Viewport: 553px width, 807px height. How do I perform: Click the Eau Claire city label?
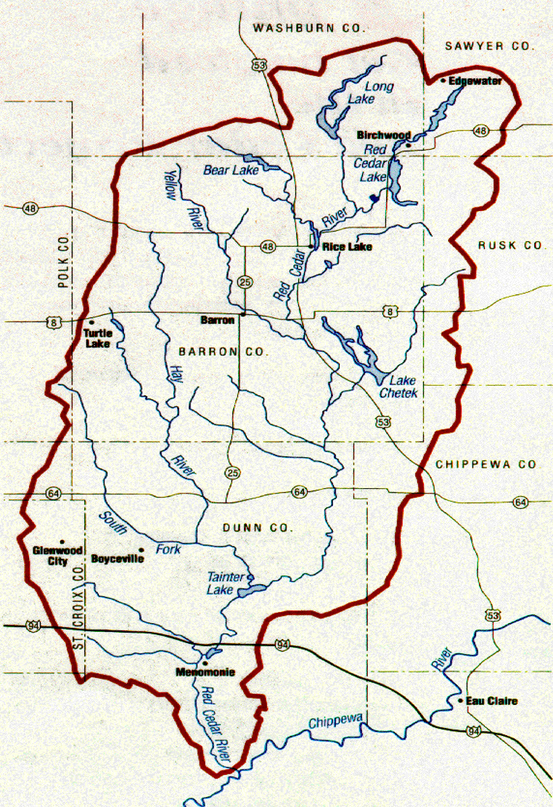[491, 701]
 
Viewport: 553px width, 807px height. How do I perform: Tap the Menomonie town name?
[205, 672]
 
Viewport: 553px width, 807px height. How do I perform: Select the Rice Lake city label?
[347, 247]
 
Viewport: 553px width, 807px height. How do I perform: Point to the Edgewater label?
[475, 81]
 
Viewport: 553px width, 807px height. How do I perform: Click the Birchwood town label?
[383, 135]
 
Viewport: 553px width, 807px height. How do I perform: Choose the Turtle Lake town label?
[98, 339]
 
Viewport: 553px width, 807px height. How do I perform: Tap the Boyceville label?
[117, 559]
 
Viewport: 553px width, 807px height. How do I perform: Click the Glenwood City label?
[57, 556]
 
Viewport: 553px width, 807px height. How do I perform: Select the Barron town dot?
[243, 315]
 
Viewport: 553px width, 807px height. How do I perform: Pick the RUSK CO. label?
[511, 245]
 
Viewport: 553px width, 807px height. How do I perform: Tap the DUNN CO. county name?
[258, 528]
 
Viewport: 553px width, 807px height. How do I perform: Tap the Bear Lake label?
[231, 170]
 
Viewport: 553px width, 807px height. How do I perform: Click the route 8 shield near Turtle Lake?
[54, 323]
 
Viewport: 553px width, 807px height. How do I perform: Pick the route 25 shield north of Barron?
[245, 282]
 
